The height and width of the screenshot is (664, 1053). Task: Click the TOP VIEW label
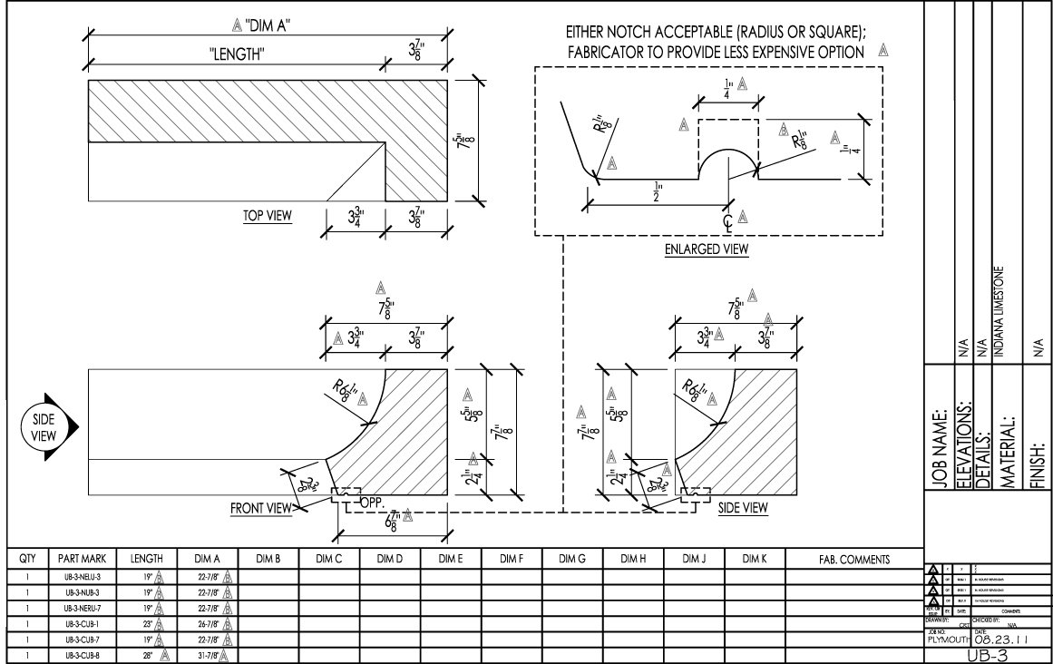pos(267,216)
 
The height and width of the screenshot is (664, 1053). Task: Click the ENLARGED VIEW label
pos(700,249)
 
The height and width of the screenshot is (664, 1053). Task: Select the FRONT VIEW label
pos(260,509)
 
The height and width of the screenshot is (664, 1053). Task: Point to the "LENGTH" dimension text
pos(237,54)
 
